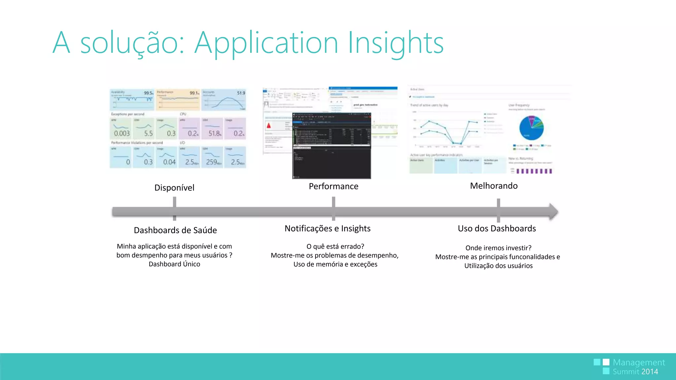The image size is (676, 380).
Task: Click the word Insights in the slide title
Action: [395, 43]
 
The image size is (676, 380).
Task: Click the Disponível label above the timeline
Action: [174, 188]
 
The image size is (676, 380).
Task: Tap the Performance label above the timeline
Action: [333, 186]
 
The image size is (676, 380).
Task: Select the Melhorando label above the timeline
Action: [493, 186]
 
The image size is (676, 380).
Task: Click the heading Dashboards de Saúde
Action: [175, 230]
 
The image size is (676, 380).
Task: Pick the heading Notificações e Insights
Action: [327, 229]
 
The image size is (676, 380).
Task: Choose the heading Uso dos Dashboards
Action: [496, 229]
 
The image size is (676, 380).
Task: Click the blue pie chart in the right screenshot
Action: [531, 128]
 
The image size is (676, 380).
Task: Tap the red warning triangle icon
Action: [269, 126]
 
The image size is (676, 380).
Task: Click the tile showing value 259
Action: [212, 157]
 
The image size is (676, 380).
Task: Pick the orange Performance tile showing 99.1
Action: [178, 100]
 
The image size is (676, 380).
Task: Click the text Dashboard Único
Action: [174, 264]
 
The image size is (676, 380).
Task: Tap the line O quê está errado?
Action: [335, 246]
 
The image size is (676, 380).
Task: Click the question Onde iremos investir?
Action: [498, 248]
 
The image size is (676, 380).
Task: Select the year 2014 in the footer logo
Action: [650, 372]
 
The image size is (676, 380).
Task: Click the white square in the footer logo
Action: [606, 362]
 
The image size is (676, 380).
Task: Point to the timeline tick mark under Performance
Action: [333, 209]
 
